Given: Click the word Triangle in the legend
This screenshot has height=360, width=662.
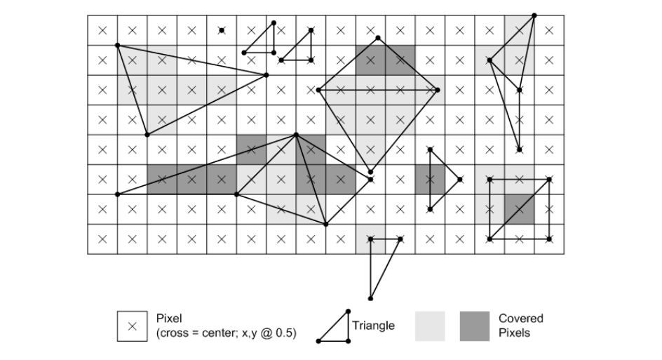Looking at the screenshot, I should [x=373, y=325].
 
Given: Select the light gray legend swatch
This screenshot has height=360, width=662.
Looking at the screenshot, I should [x=432, y=326].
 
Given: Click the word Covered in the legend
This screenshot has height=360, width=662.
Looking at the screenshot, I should [x=521, y=319].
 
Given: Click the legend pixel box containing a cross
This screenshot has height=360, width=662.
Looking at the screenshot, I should [x=132, y=326].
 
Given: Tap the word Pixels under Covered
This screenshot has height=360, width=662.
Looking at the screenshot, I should [x=514, y=333].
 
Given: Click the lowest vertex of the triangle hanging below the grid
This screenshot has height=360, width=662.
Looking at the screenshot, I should [x=370, y=298].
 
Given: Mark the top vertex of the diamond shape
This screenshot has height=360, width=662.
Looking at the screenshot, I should [x=379, y=38].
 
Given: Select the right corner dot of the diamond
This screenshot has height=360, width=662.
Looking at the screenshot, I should [x=438, y=90].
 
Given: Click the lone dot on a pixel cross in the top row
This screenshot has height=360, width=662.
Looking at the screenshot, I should [x=222, y=30].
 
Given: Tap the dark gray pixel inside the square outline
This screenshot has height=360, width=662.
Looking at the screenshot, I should [x=519, y=209].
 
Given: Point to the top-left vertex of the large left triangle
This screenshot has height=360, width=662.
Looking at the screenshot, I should [x=117, y=46].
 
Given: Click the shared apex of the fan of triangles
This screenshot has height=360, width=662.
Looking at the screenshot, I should [x=297, y=134].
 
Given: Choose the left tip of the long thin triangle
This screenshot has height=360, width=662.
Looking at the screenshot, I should [x=117, y=194].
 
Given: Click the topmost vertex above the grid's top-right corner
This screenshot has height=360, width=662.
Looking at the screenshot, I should [x=534, y=15].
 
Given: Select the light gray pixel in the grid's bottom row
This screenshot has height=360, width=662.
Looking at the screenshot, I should [x=370, y=239].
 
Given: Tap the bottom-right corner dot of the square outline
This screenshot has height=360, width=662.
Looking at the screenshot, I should [x=549, y=239].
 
